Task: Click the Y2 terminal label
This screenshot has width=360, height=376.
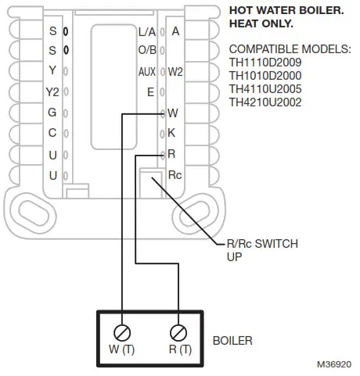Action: (52, 93)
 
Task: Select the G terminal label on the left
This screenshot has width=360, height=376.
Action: (52, 113)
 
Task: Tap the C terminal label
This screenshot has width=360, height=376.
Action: (52, 134)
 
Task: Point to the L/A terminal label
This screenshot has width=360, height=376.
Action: (146, 32)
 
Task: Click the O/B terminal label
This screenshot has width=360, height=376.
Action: (146, 52)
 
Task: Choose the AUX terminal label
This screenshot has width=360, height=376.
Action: (146, 72)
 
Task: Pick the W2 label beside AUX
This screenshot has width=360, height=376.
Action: (175, 72)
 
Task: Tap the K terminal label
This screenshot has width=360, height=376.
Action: (172, 133)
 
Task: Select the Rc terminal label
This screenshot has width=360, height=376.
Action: (175, 174)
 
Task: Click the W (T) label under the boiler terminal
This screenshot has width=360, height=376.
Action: (124, 349)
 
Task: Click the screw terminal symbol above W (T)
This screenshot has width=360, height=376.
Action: (124, 330)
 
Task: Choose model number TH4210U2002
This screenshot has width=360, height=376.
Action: (265, 102)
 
